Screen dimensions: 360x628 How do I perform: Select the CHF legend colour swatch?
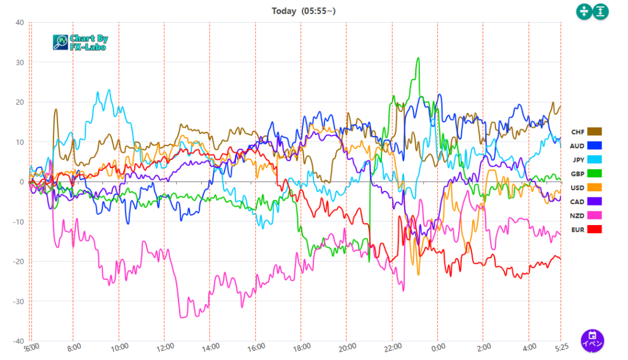(x=594, y=132)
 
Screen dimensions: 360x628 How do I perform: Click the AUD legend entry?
(x=586, y=146)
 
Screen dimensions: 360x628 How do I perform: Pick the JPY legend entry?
(x=586, y=159)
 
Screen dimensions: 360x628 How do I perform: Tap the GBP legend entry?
(x=586, y=174)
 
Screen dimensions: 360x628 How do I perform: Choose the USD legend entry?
(x=586, y=187)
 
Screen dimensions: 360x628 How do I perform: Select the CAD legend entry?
(x=586, y=201)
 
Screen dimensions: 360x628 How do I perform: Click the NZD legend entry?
(x=586, y=215)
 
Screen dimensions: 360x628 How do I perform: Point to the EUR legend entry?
(x=586, y=229)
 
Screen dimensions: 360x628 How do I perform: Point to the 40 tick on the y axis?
(x=20, y=23)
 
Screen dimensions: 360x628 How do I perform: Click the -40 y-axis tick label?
(x=18, y=341)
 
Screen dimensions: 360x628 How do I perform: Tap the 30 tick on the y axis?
(x=20, y=63)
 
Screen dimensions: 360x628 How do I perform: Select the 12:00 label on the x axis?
(x=164, y=347)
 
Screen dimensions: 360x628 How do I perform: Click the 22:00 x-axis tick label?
(x=392, y=347)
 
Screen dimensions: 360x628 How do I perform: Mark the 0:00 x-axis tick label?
(x=437, y=347)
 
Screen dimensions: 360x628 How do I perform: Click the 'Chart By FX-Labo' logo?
(x=80, y=42)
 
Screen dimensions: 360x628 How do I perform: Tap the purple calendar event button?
(x=592, y=339)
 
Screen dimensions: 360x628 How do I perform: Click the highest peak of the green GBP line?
(x=418, y=58)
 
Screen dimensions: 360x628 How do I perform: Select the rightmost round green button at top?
(x=601, y=12)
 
